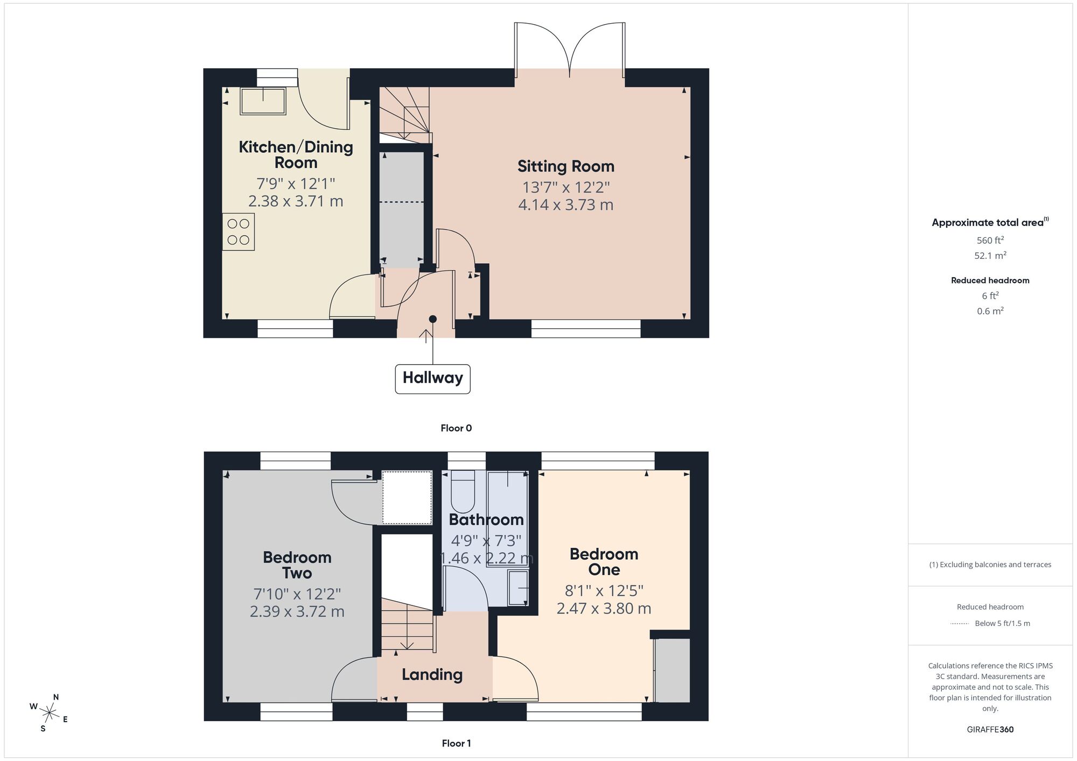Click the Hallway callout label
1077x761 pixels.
(432, 378)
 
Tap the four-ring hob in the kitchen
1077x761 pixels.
(238, 232)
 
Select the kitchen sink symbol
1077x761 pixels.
(263, 101)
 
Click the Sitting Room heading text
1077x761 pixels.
(565, 166)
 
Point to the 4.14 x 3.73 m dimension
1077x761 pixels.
(565, 205)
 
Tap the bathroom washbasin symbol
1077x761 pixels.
(518, 588)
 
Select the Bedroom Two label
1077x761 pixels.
(297, 565)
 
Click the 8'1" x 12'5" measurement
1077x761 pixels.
(604, 591)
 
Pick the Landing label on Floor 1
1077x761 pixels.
(432, 674)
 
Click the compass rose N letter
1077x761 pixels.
(55, 697)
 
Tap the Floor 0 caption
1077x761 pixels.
(456, 428)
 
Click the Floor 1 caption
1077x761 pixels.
(456, 743)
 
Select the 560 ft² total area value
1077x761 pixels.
(990, 241)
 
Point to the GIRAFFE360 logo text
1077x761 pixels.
(990, 730)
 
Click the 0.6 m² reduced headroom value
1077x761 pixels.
(990, 311)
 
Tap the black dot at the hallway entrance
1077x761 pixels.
(432, 319)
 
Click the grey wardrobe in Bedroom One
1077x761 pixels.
(672, 670)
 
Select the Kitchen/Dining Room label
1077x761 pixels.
(296, 154)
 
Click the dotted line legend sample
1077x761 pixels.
(960, 624)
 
